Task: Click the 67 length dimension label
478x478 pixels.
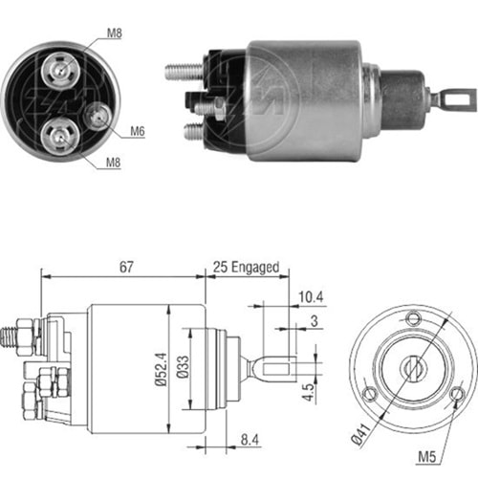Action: coord(126,267)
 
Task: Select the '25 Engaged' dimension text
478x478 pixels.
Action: coord(246,267)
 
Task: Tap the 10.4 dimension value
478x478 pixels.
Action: coord(311,297)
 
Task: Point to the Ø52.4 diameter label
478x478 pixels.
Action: coord(162,369)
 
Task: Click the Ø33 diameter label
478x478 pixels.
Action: coord(183,367)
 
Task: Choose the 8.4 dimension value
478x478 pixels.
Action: coord(250,440)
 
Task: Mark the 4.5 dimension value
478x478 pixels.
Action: coord(308,392)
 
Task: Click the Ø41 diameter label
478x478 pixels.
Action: coord(361,433)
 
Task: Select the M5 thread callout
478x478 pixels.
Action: coord(427,457)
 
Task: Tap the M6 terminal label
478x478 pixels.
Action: coord(138,131)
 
